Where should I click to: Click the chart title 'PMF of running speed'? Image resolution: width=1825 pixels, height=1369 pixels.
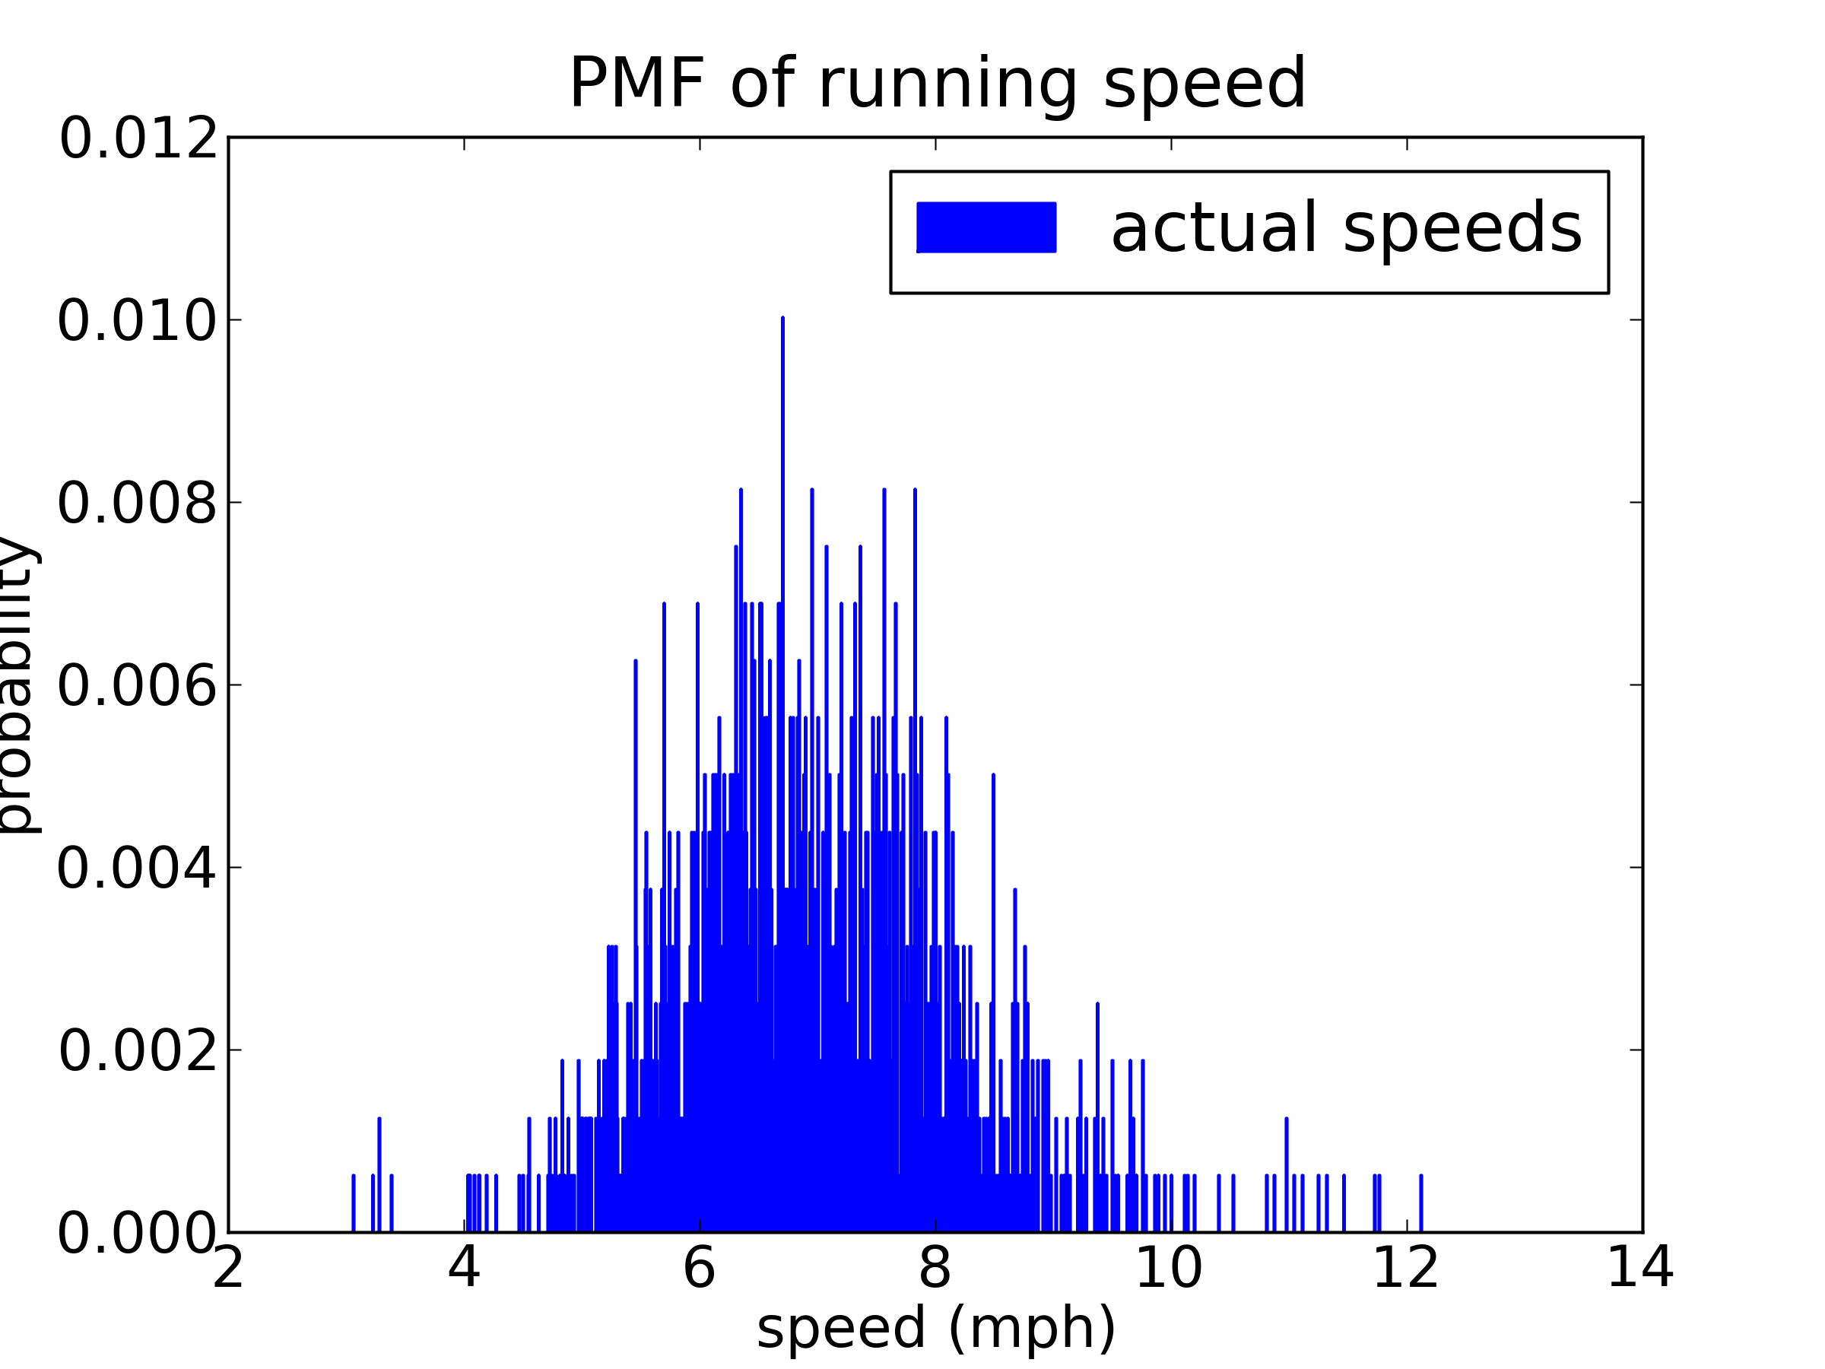[x=938, y=84]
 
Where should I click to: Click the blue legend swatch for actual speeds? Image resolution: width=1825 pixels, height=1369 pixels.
[x=986, y=227]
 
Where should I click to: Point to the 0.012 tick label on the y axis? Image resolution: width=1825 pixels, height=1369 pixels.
[x=138, y=138]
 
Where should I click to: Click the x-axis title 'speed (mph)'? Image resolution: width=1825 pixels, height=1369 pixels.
[x=936, y=1329]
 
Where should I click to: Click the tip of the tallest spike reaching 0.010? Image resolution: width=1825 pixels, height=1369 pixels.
[x=782, y=319]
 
